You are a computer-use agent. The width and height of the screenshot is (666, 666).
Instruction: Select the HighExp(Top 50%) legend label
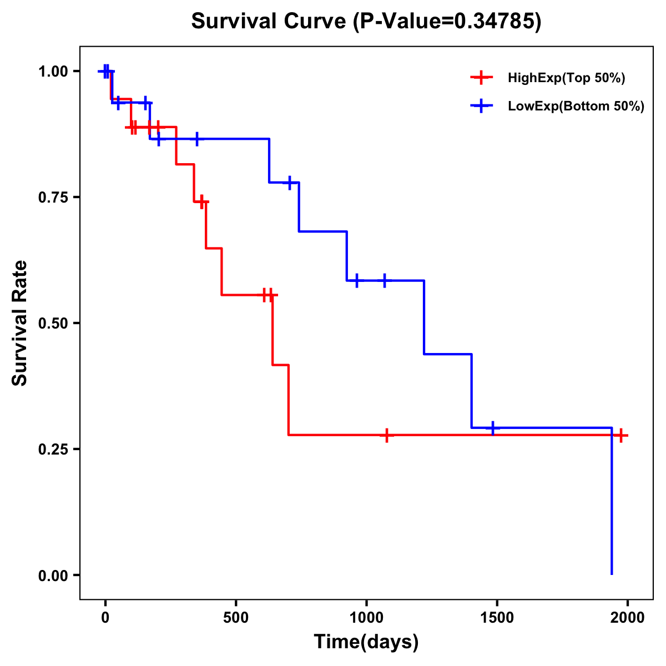(566, 78)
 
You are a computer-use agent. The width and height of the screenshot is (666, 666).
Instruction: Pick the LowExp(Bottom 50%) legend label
(576, 107)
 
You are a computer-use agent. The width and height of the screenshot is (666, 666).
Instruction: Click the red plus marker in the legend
(481, 78)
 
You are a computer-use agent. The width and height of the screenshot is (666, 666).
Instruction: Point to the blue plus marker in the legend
(481, 106)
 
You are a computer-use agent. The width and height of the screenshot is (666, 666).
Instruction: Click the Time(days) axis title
(366, 642)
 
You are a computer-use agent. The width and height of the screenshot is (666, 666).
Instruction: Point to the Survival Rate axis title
(20, 323)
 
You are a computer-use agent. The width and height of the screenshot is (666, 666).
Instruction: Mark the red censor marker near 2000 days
(621, 435)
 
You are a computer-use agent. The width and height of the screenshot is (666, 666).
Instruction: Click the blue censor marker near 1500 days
(492, 428)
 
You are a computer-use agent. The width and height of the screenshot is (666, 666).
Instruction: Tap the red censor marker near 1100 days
(387, 435)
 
